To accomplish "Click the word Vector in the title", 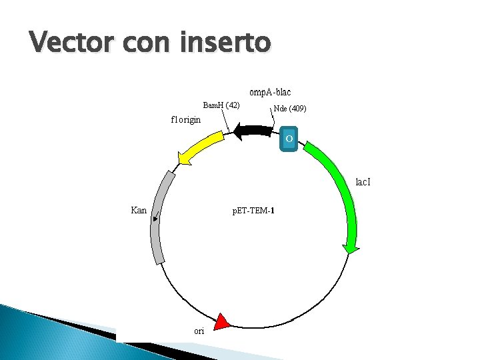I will [68, 43].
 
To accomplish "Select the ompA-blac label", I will [270, 92].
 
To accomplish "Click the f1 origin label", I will [186, 120].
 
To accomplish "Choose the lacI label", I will [363, 181].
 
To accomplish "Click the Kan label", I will [139, 210].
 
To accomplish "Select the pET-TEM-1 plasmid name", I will [253, 211].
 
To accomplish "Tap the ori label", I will [199, 331].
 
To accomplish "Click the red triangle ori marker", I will [222, 323].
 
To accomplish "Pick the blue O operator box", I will [289, 139].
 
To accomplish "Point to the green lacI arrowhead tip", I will [350, 252].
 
